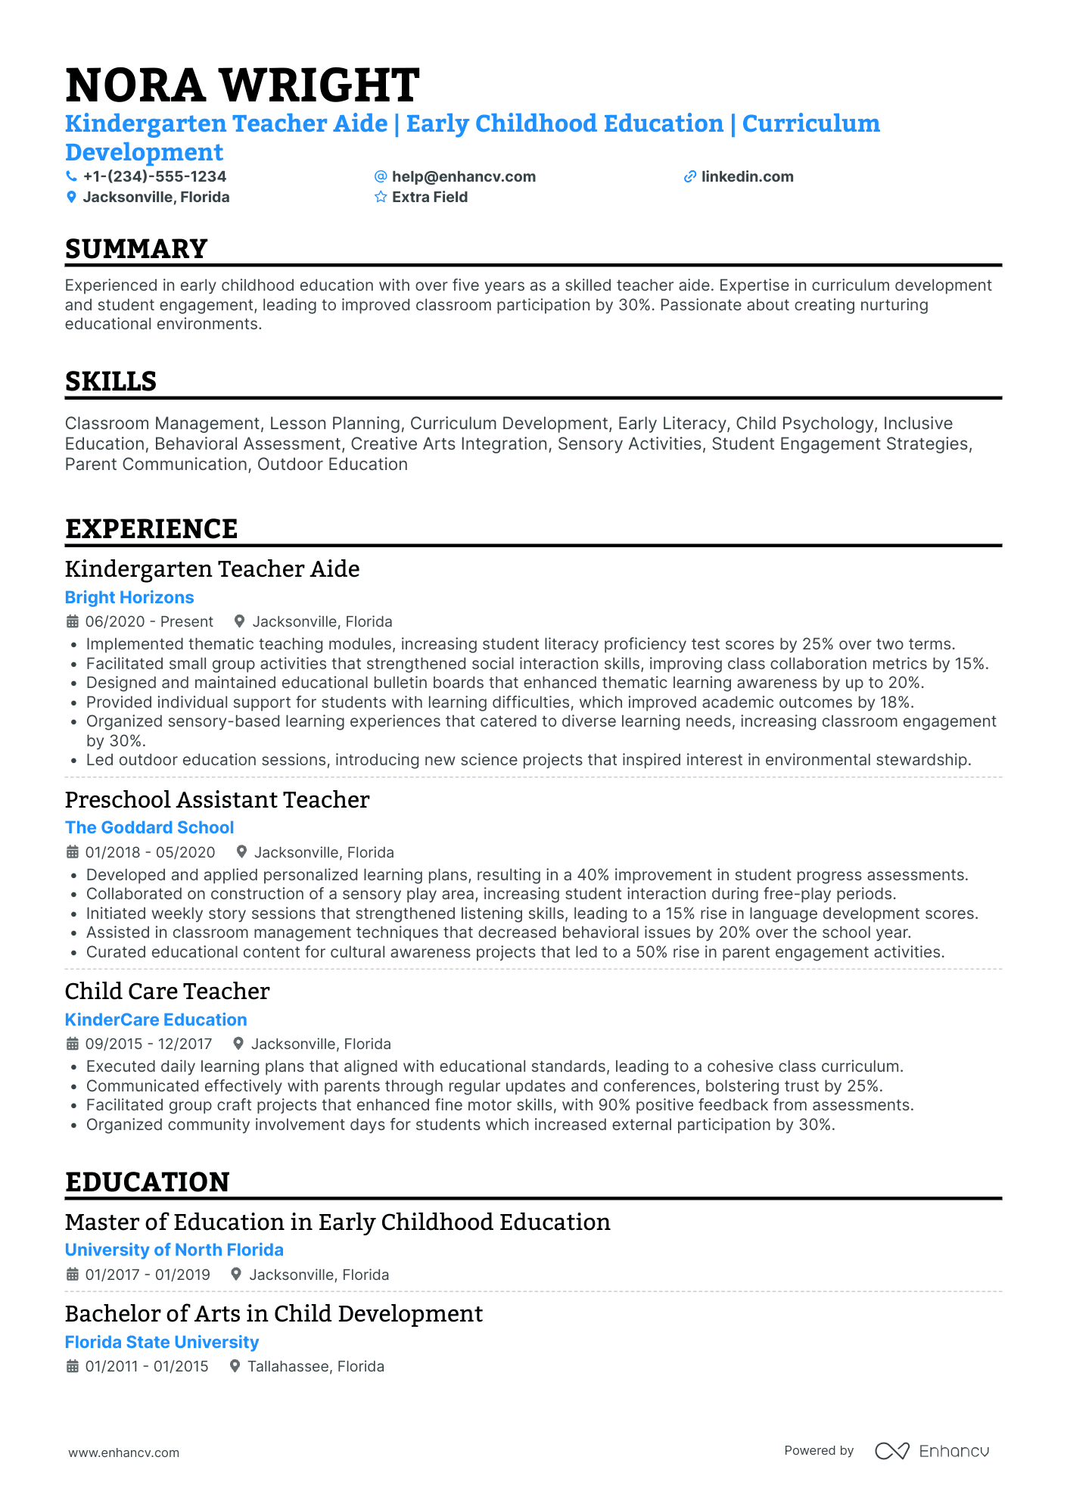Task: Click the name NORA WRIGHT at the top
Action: pos(242,85)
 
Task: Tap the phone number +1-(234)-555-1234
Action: pos(154,176)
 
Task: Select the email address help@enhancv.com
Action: pos(463,176)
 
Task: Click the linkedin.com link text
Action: pos(747,176)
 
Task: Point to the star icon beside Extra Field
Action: pos(381,198)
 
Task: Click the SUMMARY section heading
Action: pos(136,249)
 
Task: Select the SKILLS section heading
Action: pos(110,381)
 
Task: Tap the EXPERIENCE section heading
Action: pos(151,529)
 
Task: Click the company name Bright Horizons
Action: pos(129,598)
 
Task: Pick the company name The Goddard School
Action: pos(149,828)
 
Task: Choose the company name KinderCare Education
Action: pos(156,1020)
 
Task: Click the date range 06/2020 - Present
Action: pos(149,622)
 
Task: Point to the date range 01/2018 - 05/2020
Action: pos(150,852)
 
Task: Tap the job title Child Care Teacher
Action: pos(167,992)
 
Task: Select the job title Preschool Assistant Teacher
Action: pos(217,800)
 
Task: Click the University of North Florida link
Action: pos(174,1250)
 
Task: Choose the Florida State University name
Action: pos(162,1343)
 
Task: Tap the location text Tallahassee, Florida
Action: pos(316,1367)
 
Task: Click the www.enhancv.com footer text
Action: pos(124,1453)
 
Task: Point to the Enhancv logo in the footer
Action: pos(932,1451)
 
